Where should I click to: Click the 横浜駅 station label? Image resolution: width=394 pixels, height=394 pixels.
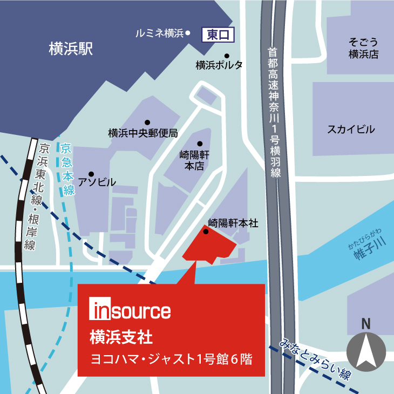(71, 49)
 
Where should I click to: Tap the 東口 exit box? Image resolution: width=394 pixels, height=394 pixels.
(219, 35)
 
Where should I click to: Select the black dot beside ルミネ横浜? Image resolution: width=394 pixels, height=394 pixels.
(188, 33)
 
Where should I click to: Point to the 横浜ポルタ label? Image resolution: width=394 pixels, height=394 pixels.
(219, 65)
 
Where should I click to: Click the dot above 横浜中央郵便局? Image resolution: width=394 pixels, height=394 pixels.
(147, 122)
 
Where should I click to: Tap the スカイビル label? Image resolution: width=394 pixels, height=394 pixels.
(351, 129)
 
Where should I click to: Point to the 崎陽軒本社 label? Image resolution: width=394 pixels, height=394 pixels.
(233, 222)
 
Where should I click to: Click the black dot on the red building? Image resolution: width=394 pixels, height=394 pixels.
(206, 232)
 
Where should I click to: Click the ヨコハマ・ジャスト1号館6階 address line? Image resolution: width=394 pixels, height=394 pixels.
(171, 358)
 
